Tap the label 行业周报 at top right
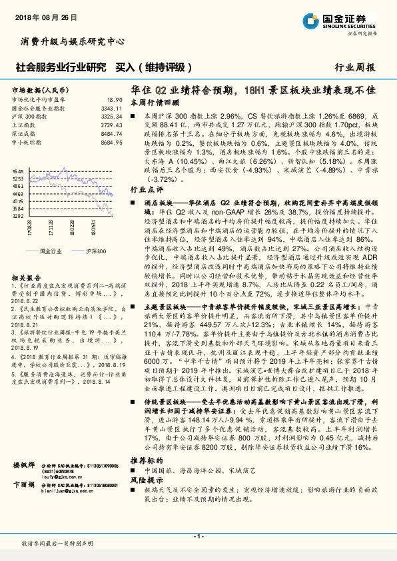354,68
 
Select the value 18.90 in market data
115,99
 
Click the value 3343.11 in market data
111,107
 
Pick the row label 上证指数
23,125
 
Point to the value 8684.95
111,142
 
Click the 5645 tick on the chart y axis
18,171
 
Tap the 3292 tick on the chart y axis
18,216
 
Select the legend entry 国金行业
51,251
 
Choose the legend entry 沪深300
96,251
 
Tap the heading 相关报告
25,277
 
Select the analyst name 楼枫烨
24,483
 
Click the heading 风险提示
147,498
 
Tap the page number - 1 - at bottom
198,536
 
